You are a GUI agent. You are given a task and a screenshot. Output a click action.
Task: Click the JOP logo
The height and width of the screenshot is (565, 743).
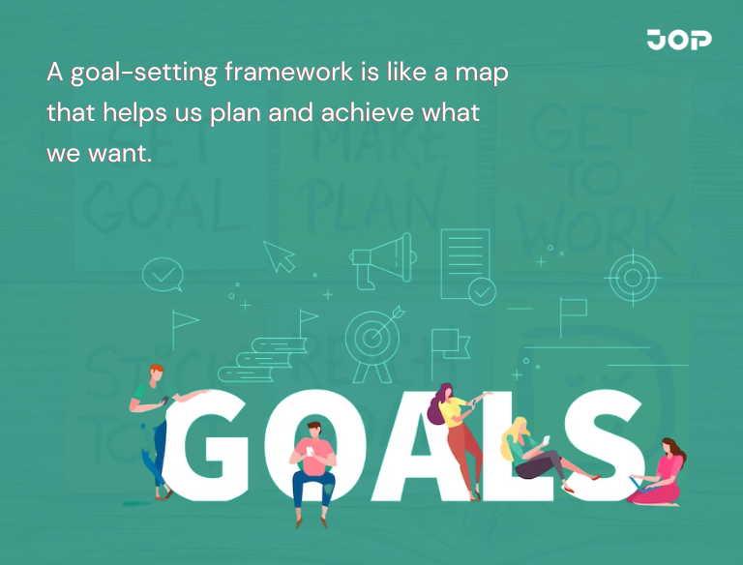[x=679, y=40]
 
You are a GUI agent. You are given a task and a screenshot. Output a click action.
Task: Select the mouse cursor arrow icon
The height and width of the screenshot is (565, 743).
[x=280, y=256]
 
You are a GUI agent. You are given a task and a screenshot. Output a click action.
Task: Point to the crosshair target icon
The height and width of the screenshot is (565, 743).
[x=632, y=279]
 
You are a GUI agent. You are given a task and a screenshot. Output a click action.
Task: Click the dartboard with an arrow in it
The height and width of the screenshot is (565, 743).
[x=372, y=337]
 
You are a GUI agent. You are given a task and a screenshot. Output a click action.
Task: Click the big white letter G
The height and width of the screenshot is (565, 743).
[x=216, y=451]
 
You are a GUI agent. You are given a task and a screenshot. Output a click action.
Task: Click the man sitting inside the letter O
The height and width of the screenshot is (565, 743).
[x=312, y=469]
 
